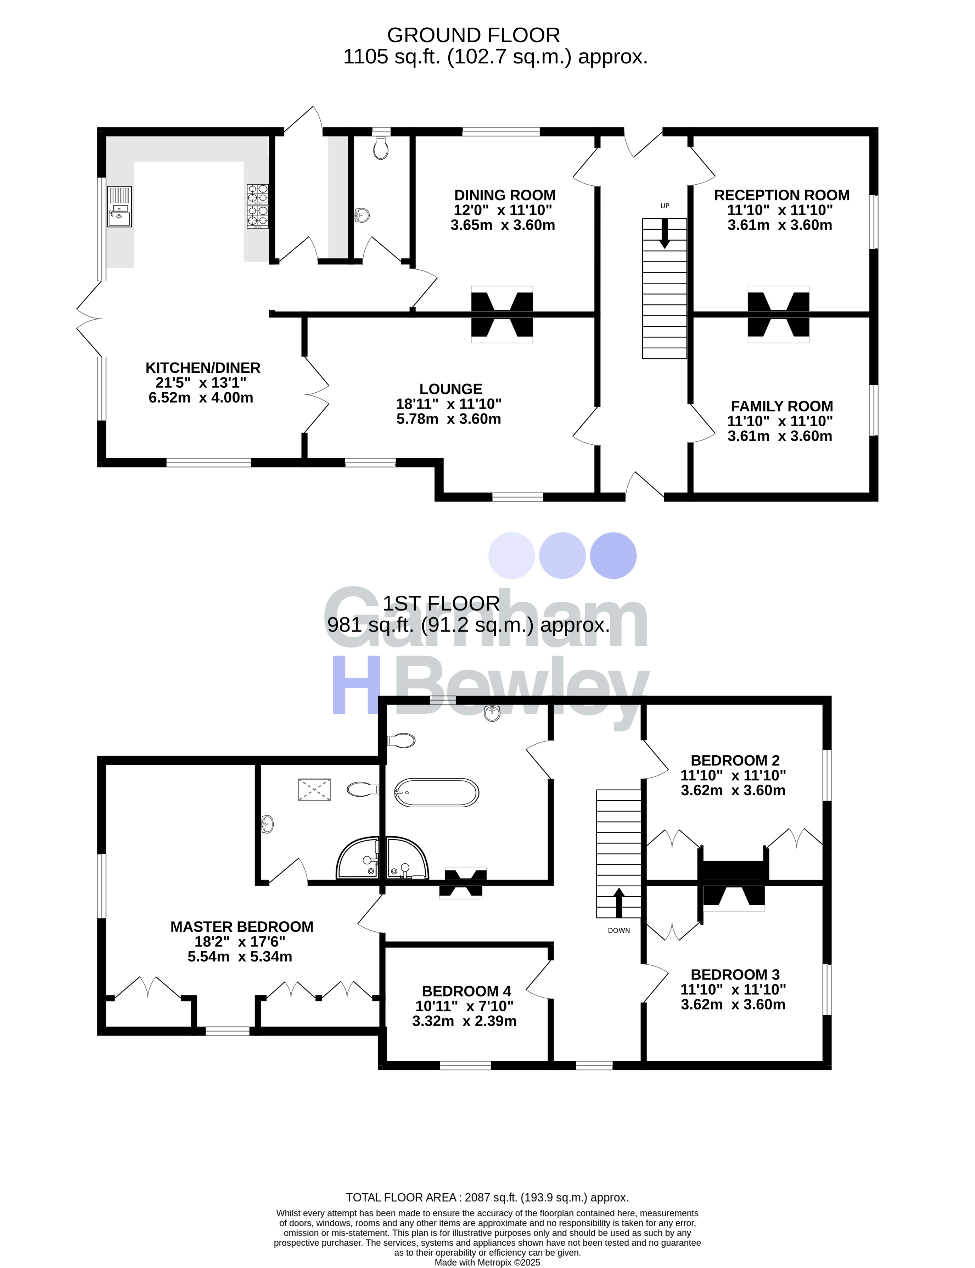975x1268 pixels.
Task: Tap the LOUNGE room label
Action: (x=451, y=389)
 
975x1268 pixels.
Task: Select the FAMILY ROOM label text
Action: (x=781, y=406)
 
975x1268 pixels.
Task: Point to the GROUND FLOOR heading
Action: (x=474, y=35)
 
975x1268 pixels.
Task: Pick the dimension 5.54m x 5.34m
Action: (x=240, y=956)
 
